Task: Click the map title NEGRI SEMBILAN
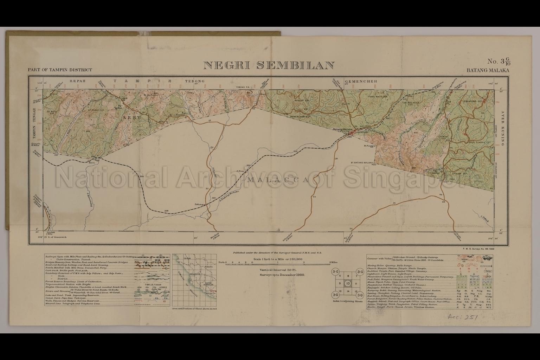pos(269,65)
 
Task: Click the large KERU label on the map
pos(132,118)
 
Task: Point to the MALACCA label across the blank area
pos(278,180)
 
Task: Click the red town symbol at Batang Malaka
pos(356,131)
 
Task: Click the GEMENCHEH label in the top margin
pos(361,82)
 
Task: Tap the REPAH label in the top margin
pos(78,81)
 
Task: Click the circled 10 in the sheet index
pos(348,283)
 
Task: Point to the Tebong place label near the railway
pos(199,204)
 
